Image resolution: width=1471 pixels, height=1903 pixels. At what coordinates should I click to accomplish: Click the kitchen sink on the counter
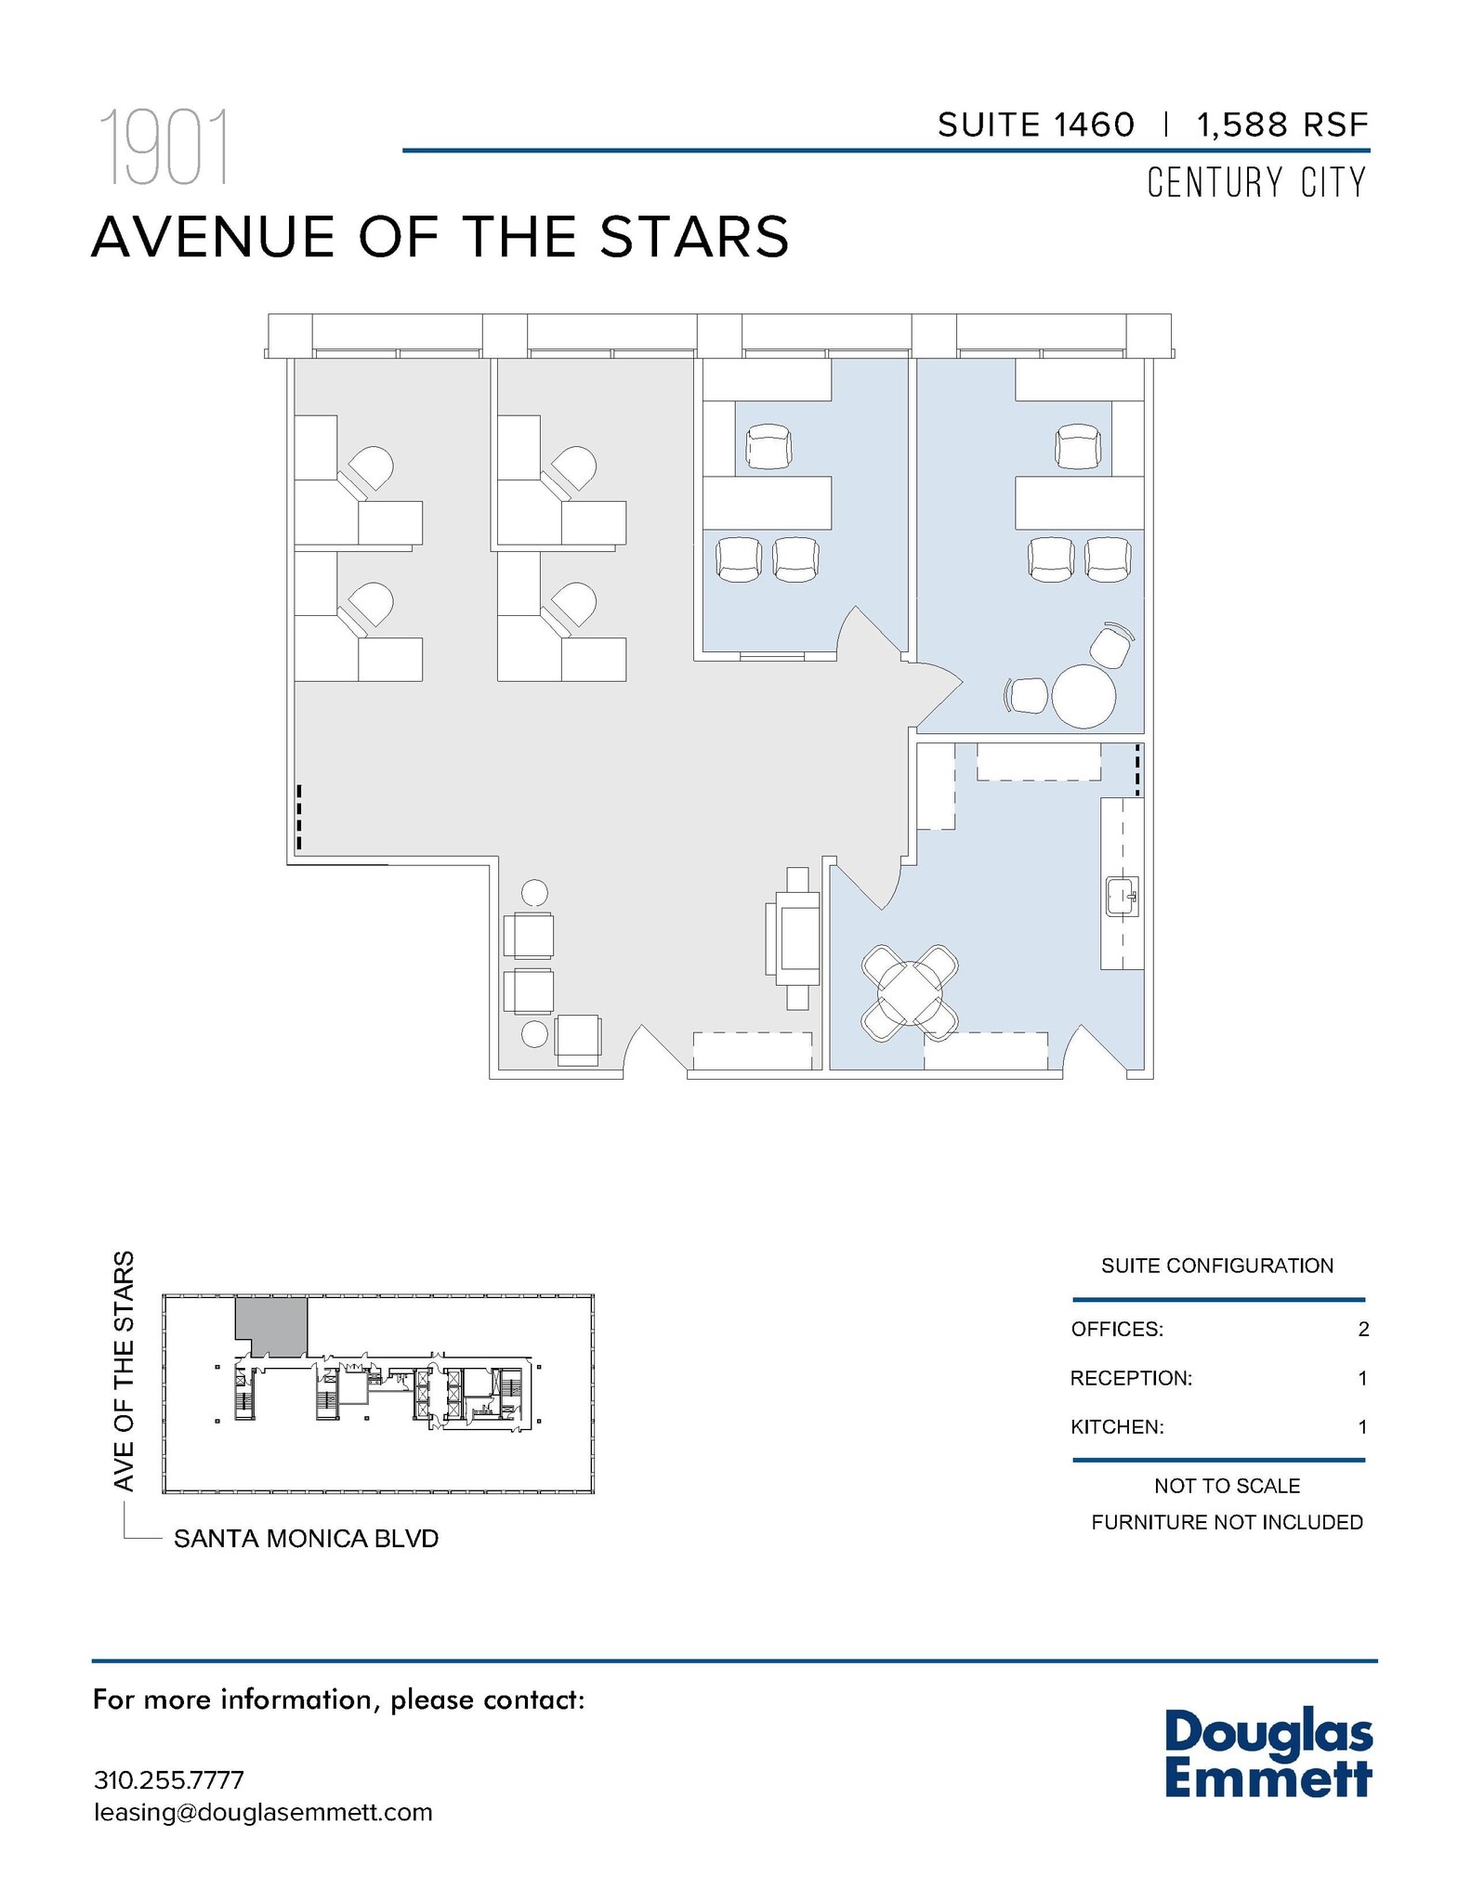point(1122,896)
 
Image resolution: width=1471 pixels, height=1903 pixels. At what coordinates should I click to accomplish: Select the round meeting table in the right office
point(1083,696)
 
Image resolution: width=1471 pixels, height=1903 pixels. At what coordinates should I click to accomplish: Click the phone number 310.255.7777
point(169,1779)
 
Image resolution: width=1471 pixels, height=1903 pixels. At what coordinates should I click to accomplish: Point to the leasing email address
point(263,1812)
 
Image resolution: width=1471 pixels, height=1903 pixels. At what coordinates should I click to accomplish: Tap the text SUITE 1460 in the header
point(1035,125)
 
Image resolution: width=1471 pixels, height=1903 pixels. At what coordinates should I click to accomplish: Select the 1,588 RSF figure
point(1282,125)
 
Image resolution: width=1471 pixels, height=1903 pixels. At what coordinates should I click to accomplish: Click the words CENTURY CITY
point(1256,183)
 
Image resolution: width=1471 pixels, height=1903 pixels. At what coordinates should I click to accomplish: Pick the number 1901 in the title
point(164,148)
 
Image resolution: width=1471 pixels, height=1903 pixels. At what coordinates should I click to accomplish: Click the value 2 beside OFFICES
point(1363,1329)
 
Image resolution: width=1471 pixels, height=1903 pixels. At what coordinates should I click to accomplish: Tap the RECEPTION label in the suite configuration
point(1131,1378)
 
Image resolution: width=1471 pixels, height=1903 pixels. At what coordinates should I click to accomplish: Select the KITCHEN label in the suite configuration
point(1117,1426)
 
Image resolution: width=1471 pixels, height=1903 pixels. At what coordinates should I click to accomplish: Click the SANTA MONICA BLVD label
point(306,1539)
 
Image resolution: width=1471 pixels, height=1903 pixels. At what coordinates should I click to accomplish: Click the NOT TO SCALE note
point(1227,1486)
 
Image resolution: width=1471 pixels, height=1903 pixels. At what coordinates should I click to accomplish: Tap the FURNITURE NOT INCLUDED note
point(1227,1522)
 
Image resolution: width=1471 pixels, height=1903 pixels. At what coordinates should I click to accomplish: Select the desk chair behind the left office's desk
point(768,446)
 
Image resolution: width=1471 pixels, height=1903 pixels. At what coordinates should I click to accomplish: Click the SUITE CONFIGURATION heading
point(1217,1266)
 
